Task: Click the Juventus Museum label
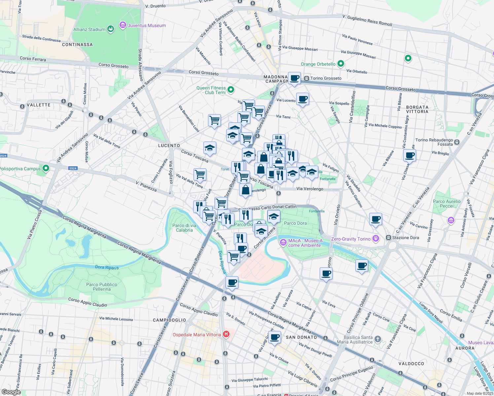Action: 147,25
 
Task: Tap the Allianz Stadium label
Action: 89,29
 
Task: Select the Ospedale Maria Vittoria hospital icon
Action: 226,334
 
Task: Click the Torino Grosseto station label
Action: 326,78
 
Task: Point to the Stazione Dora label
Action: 405,238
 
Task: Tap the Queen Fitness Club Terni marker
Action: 231,89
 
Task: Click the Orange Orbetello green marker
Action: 341,64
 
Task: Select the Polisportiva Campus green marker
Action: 46,169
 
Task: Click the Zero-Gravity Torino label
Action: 351,239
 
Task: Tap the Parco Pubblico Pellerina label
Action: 102,287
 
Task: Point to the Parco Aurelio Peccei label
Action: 446,204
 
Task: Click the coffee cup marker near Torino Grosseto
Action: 294,78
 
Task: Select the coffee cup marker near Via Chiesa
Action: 409,155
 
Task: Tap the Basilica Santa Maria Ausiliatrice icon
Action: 378,339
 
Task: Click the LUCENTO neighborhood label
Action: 169,146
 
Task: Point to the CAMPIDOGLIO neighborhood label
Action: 169,320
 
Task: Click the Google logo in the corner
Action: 11,392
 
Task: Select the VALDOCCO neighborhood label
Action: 411,364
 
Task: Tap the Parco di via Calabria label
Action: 184,228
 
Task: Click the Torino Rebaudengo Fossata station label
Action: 434,142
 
